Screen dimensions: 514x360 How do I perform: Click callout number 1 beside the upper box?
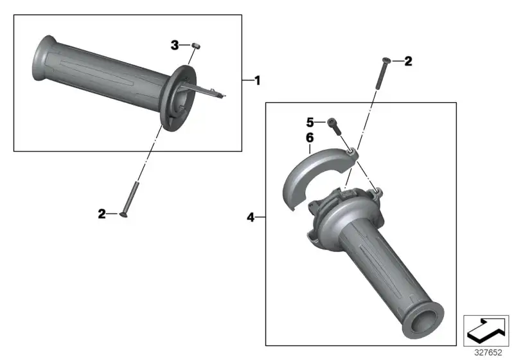coord(258,80)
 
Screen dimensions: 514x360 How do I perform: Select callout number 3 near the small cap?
coord(175,45)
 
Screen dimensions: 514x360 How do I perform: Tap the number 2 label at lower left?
coord(102,214)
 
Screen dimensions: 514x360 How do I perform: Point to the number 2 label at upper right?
coord(408,61)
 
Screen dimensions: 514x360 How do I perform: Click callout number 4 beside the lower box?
coord(251,217)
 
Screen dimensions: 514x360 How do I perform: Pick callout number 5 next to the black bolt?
coord(310,122)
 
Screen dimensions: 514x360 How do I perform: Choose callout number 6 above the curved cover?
coord(310,138)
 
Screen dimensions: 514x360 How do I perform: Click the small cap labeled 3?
coord(196,46)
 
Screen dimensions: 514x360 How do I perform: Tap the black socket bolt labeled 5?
coord(334,126)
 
